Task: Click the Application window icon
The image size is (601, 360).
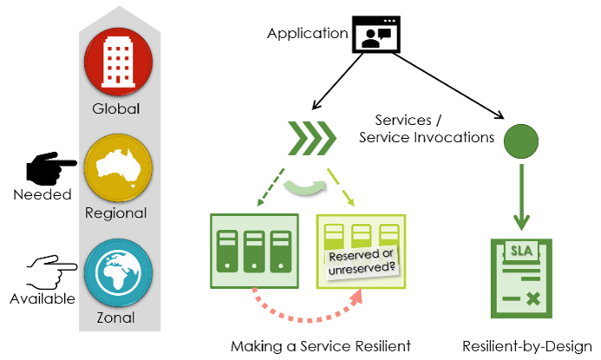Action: click(x=376, y=36)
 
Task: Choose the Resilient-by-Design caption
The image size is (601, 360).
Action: click(x=527, y=346)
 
